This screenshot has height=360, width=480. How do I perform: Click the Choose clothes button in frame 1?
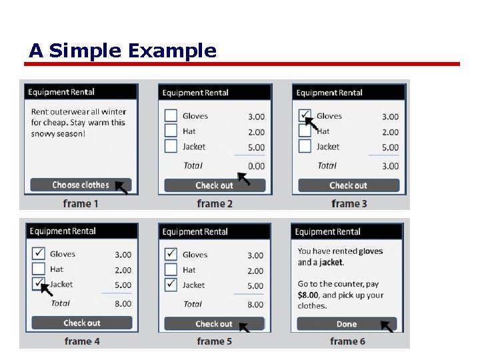(x=81, y=185)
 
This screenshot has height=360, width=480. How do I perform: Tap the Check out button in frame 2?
(x=215, y=185)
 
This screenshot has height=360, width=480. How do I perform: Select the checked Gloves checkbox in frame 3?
(x=305, y=116)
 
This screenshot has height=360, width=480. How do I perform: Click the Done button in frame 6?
(x=347, y=324)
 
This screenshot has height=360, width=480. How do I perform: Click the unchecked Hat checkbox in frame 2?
(x=171, y=131)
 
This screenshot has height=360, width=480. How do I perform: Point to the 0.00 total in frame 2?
(x=256, y=166)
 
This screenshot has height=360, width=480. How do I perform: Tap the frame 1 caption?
(x=81, y=203)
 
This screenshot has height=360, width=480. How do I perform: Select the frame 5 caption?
(x=215, y=341)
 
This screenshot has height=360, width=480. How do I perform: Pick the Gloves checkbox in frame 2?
(x=171, y=116)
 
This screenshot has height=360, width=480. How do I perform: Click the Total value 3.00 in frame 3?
(x=390, y=166)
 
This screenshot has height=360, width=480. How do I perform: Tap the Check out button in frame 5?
(x=214, y=324)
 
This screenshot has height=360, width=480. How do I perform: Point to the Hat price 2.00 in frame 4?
(x=123, y=270)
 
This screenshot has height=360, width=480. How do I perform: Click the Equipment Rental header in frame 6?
(x=327, y=232)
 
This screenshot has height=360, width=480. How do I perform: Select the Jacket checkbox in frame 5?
(x=171, y=285)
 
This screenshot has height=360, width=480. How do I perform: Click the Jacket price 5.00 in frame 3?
(x=390, y=147)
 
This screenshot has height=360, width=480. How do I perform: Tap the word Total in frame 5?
(x=193, y=304)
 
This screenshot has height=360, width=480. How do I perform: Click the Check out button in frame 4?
(x=82, y=323)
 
